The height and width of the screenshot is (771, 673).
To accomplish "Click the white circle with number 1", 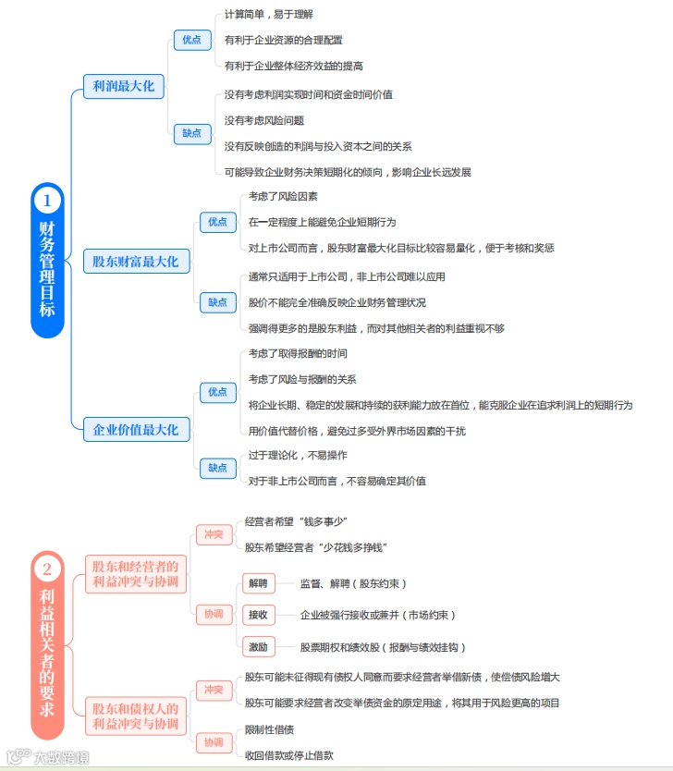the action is coord(47,200).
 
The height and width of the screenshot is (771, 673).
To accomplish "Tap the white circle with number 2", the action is coord(47,569).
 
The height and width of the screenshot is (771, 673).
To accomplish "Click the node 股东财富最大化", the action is coord(135,262).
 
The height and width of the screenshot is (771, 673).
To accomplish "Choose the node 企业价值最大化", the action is coord(135,429).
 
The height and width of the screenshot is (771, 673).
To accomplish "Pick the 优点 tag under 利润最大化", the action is coord(191,40).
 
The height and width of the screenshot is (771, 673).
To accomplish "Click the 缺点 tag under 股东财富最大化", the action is coord(217,301).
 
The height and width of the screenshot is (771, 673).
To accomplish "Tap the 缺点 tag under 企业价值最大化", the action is coord(217,468).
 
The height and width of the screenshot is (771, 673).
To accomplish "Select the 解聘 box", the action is coord(256,583).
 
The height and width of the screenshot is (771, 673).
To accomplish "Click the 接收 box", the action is coord(256,615).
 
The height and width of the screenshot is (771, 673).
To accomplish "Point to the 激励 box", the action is coord(256,646).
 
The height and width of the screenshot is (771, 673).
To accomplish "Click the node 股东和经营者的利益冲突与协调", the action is coord(135,574).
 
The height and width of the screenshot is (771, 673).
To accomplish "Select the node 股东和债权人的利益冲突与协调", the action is coord(135,716).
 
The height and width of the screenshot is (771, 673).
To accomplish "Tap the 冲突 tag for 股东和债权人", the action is coord(213,690).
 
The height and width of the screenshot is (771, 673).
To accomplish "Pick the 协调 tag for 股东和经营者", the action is coord(213,615).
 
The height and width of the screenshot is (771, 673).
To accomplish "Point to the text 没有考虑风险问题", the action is coord(264,120).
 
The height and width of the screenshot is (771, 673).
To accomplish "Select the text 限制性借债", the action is coord(269,729).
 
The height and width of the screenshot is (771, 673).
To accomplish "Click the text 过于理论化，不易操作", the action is coord(298,455).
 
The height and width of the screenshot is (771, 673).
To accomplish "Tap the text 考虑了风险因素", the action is coord(283,196).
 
